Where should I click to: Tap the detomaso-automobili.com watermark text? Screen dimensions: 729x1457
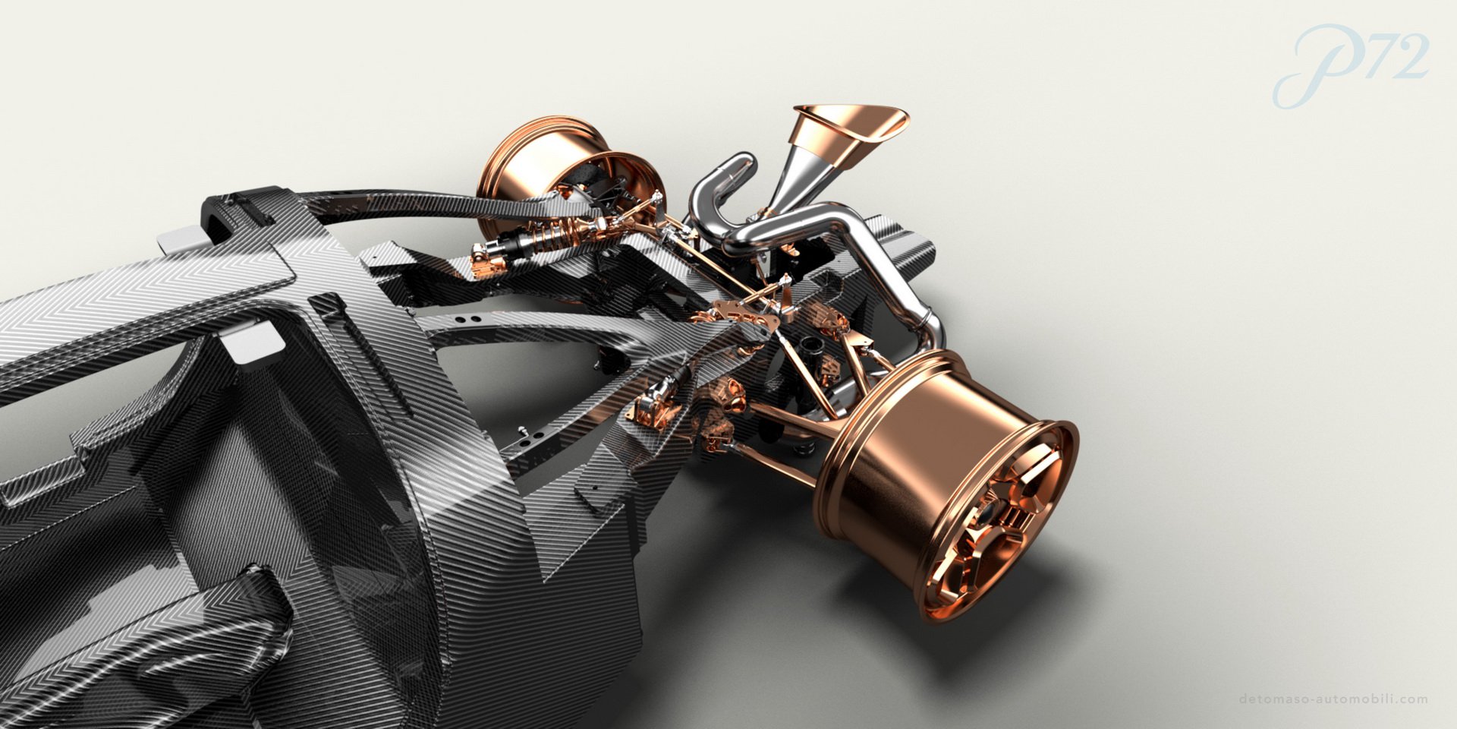[1333, 699]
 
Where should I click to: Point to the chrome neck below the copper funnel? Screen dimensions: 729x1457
[789, 182]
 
